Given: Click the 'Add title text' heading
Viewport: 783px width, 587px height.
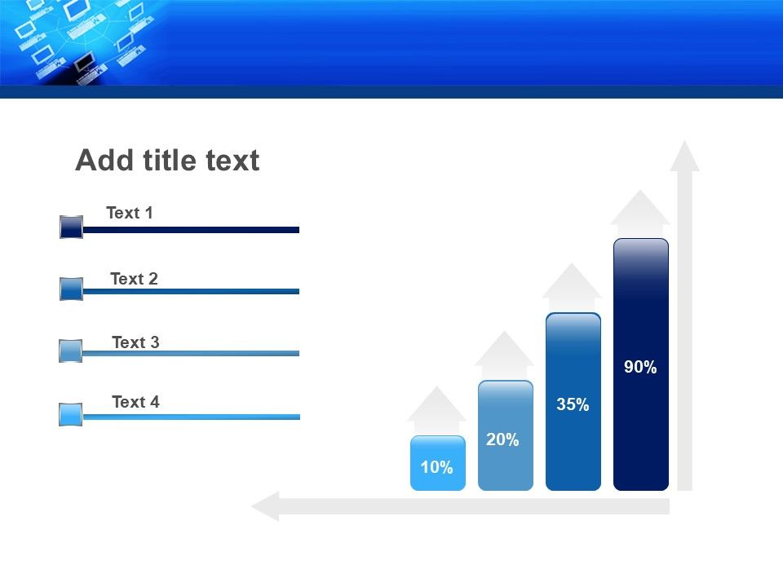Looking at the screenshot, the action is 167,161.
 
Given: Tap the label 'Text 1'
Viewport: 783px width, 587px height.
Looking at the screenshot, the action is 130,213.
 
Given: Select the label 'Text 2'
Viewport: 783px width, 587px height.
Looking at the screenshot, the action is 134,279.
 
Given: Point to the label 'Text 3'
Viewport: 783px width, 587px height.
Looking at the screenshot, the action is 135,342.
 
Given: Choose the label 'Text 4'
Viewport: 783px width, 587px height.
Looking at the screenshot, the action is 135,402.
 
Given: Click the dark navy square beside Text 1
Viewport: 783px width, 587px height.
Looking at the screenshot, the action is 72,227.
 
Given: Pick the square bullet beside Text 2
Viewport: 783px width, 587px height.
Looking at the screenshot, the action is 72,289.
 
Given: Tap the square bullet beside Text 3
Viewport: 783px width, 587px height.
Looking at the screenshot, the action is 70,351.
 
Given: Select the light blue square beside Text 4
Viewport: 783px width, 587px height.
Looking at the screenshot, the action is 70,415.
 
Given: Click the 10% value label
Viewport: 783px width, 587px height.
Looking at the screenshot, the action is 436,467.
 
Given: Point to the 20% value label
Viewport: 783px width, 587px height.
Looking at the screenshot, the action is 502,439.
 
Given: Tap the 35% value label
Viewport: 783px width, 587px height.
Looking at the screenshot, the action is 573,404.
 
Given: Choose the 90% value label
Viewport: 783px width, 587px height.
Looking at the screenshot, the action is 640,367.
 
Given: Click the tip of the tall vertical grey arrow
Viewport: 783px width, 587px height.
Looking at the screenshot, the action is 684,141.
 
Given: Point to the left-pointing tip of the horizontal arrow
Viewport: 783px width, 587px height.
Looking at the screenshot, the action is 252,506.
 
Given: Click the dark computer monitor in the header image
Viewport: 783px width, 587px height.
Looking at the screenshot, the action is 84,63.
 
